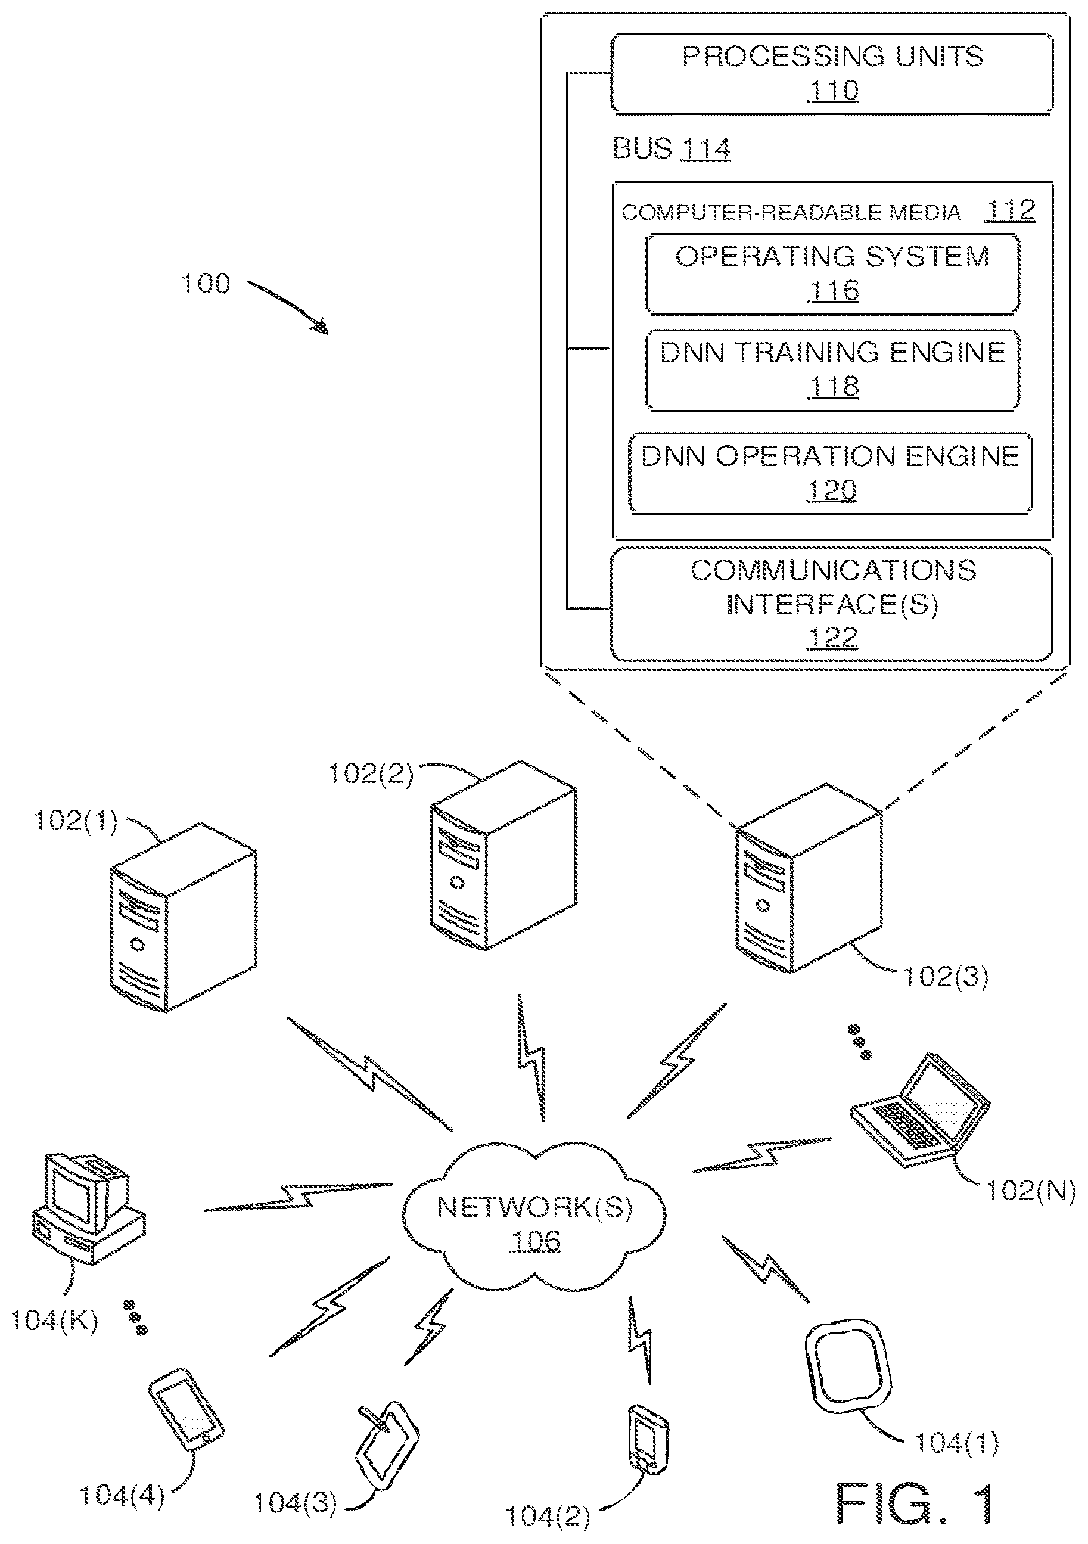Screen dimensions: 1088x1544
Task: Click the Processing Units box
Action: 832,73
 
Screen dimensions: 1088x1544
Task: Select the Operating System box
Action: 832,274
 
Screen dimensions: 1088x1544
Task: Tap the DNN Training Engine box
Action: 832,370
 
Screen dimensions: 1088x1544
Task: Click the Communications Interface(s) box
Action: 832,604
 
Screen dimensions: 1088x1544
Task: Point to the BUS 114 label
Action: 671,148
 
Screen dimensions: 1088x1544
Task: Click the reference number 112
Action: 1010,210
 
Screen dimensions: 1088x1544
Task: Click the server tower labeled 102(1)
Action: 183,917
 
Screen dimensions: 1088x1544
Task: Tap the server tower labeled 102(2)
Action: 503,855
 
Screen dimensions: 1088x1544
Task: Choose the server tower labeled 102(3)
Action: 809,878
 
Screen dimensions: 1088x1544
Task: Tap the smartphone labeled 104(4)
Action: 185,1409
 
